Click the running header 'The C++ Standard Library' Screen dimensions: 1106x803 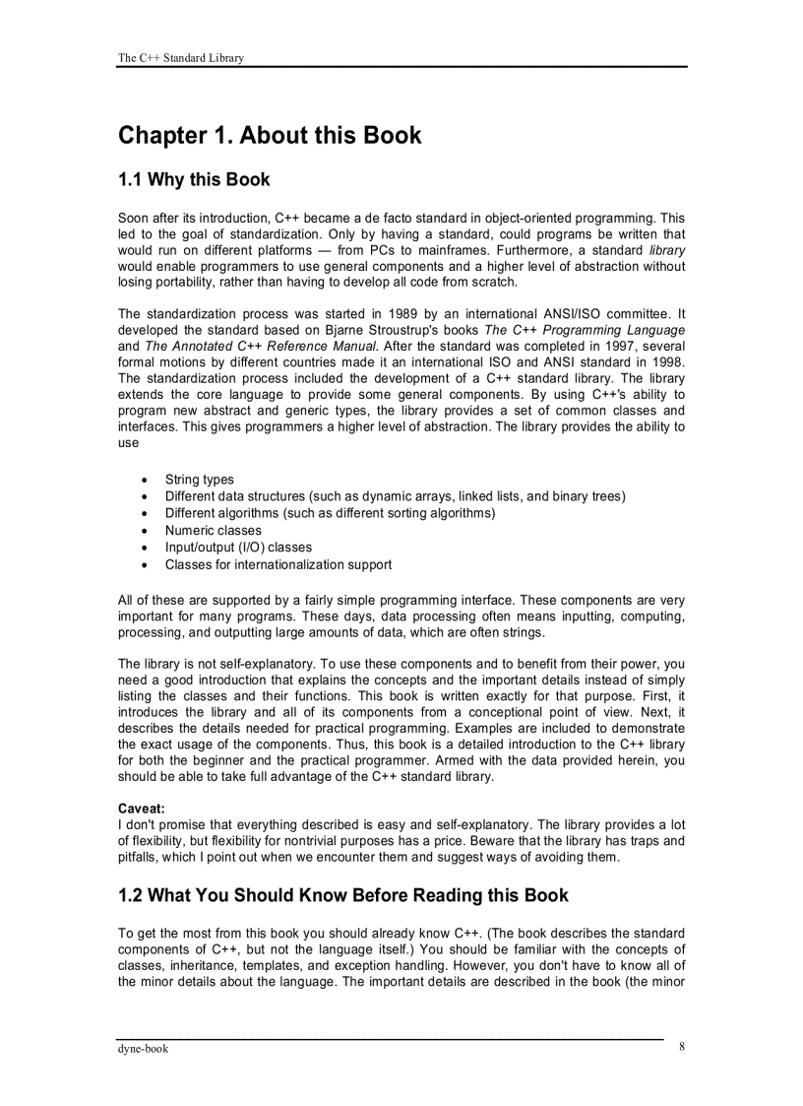click(180, 58)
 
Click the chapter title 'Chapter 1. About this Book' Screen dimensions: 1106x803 click(270, 135)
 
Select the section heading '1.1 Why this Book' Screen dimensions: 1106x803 click(194, 180)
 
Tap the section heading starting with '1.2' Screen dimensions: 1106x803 click(342, 895)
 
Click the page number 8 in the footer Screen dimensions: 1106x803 click(681, 1047)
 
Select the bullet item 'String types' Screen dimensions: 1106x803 click(199, 480)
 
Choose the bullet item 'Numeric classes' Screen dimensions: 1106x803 click(214, 530)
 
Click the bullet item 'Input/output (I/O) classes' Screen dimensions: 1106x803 click(238, 547)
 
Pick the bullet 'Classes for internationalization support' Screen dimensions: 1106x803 click(278, 564)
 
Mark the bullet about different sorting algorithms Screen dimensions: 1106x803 click(330, 513)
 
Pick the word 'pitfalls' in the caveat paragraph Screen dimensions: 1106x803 click(139, 857)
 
